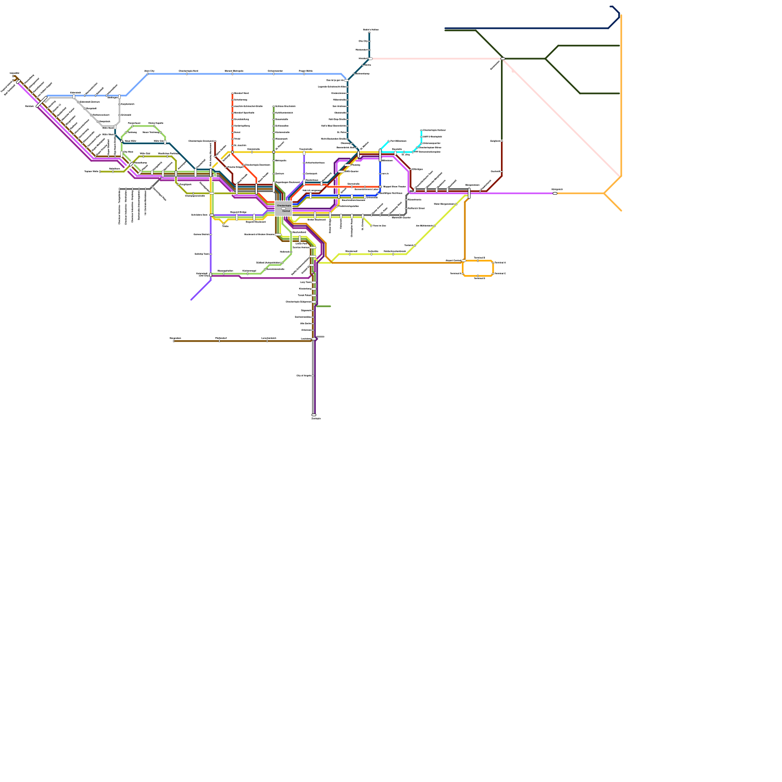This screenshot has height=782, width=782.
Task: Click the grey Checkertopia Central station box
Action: click(x=283, y=209)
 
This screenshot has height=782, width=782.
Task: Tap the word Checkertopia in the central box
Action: click(x=283, y=206)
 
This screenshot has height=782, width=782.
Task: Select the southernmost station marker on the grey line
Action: click(x=314, y=415)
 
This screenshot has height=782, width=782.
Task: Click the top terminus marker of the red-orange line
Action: click(x=232, y=93)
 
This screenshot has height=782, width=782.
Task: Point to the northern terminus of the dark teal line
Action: click(x=369, y=33)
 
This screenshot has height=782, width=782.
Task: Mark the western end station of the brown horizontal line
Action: click(x=174, y=341)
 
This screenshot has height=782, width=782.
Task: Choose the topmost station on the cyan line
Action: click(x=421, y=130)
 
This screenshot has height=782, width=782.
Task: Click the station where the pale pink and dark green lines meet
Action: click(x=502, y=59)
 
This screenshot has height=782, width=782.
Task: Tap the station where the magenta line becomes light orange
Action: click(x=555, y=193)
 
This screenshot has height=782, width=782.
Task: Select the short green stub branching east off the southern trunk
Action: click(x=324, y=306)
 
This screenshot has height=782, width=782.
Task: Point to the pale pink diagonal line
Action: click(x=562, y=117)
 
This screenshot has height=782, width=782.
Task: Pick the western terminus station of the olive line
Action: click(x=100, y=172)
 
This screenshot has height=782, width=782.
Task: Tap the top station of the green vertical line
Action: click(x=273, y=106)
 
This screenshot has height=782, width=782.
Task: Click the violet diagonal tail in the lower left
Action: click(x=200, y=290)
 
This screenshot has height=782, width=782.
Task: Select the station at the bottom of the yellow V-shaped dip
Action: click(x=223, y=223)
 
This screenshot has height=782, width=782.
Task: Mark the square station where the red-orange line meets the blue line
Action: click(x=380, y=187)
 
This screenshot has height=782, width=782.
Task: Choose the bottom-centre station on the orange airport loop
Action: click(x=478, y=276)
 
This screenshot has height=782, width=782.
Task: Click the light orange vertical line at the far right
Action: click(x=621, y=98)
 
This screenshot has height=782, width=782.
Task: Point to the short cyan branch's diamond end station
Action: click(x=389, y=141)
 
